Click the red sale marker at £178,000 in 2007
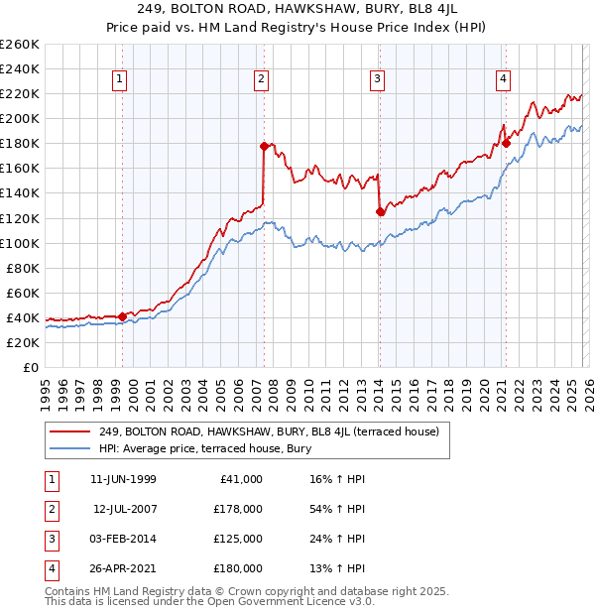click(264, 146)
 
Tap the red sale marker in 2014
click(380, 211)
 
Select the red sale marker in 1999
click(123, 316)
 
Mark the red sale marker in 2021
click(506, 143)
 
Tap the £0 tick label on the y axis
click(30, 367)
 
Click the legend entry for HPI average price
click(205, 448)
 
